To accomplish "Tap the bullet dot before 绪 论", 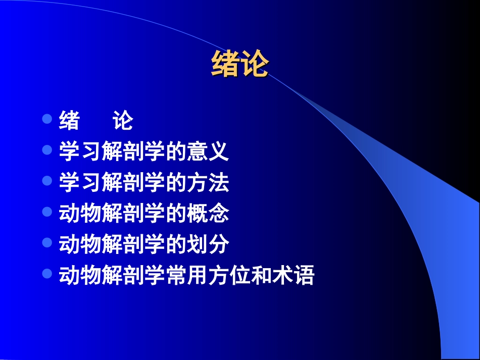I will (47, 120).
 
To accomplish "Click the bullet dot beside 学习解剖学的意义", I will (47, 150).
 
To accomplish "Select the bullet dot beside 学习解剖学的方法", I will (47, 181).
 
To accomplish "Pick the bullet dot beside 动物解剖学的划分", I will (47, 243).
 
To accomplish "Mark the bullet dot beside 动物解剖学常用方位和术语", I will (47, 274).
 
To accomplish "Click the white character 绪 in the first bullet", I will (69, 121).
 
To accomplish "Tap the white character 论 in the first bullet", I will (123, 121).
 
